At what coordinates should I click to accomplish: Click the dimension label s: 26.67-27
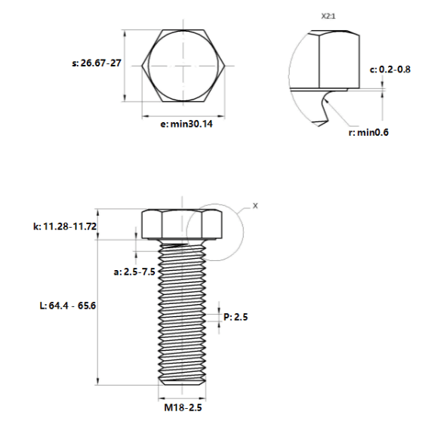coord(97,63)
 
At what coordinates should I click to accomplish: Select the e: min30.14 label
coord(186,124)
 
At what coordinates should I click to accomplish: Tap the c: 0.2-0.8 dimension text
coord(390,69)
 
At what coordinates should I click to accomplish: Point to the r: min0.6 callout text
coord(368,132)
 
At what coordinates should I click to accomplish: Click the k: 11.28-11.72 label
coord(65,226)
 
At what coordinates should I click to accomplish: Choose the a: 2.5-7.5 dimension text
coord(134,272)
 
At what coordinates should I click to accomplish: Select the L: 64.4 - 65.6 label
coord(67,306)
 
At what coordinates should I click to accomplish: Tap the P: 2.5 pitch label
coord(236,317)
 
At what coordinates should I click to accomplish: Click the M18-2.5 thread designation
coord(183,407)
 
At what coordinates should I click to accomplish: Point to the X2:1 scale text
coord(328,16)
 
